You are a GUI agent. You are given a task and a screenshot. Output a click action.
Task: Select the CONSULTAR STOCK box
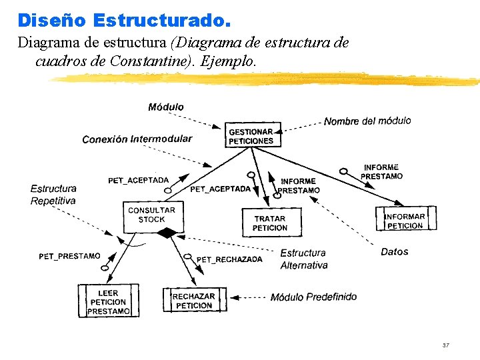(151, 215)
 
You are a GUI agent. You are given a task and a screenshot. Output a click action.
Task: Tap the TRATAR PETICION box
(270, 223)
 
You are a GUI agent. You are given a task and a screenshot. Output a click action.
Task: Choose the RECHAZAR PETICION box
(194, 301)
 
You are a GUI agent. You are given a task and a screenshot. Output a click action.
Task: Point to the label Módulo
(166, 107)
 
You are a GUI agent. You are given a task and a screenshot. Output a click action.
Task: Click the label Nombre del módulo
(367, 121)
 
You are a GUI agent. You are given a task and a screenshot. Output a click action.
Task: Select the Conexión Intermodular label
(137, 139)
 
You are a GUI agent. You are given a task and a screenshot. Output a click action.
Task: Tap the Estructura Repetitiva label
(53, 195)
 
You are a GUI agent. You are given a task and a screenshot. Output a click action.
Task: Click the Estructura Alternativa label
(303, 259)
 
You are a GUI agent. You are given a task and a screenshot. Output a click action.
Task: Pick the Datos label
(394, 251)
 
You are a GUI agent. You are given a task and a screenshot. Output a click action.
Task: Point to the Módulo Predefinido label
(313, 297)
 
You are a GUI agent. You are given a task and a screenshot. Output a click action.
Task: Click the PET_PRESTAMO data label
(69, 256)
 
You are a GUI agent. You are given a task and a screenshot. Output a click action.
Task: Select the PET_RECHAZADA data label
(229, 259)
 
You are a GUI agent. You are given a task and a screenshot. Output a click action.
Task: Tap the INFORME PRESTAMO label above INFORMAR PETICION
(381, 171)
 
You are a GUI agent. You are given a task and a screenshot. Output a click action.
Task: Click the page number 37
(446, 345)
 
